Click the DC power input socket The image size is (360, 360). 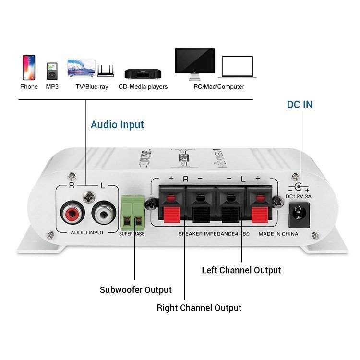click(x=298, y=213)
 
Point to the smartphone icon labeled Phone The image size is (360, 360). click(x=29, y=67)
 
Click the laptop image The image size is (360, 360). click(x=237, y=67)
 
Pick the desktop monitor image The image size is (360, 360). click(x=194, y=64)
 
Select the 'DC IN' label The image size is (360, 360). click(x=300, y=104)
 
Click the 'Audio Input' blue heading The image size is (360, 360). click(x=117, y=125)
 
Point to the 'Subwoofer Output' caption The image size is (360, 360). click(x=135, y=290)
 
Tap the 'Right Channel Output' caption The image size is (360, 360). click(x=199, y=308)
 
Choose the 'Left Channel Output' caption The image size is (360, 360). click(x=241, y=270)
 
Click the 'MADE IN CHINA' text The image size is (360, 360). click(x=278, y=234)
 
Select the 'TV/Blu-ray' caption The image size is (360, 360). click(x=92, y=87)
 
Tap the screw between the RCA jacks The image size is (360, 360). click(x=88, y=195)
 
